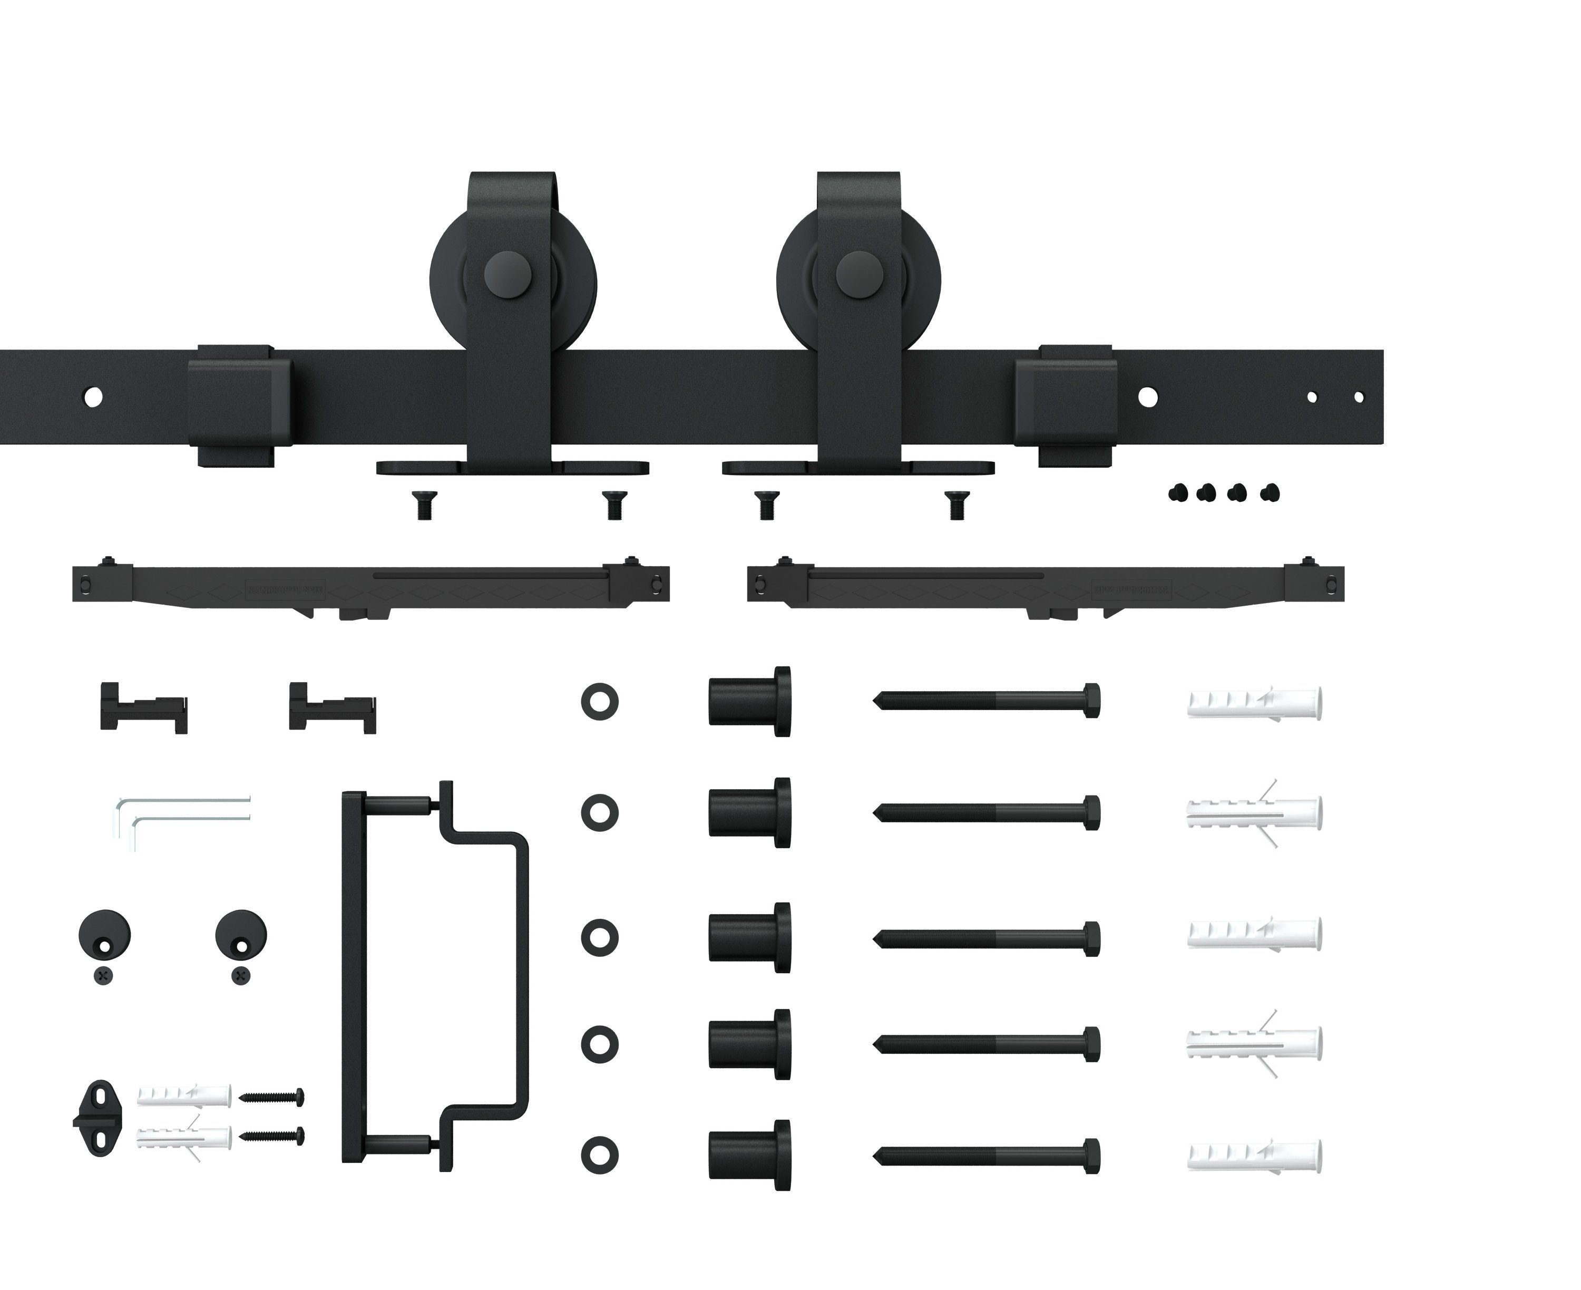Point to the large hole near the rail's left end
tap(94, 397)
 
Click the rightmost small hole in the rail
tap(1359, 397)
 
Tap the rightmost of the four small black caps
tap(1271, 492)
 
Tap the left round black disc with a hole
tap(104, 935)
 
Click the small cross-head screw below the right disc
tap(241, 976)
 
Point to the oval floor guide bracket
tap(96, 1118)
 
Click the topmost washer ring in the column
tap(600, 702)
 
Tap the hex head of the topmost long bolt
tap(1091, 700)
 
